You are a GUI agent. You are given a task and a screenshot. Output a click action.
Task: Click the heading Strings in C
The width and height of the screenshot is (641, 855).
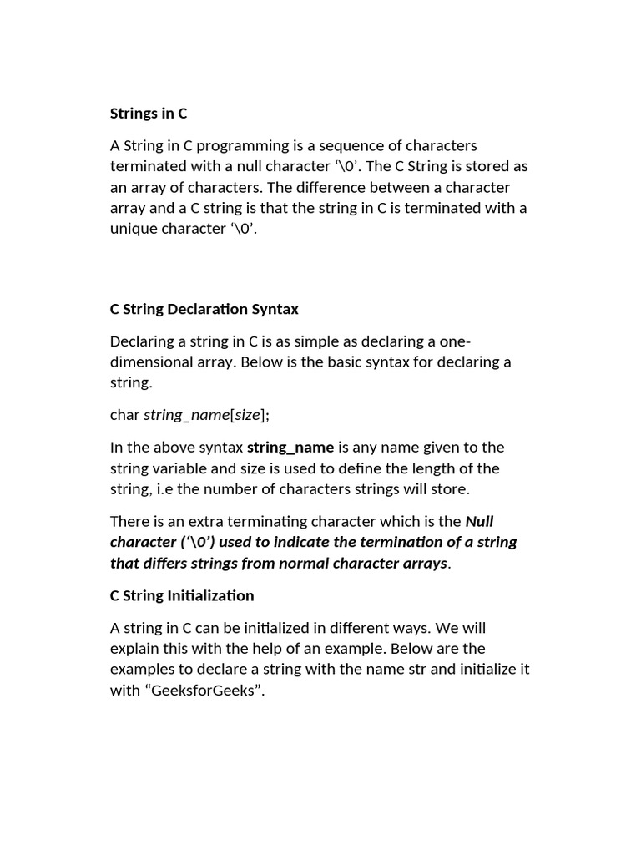(x=149, y=114)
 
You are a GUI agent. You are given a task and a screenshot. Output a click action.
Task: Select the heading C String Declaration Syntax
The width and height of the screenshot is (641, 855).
(x=204, y=309)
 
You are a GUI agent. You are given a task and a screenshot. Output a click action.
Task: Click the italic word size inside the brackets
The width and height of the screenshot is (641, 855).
(x=248, y=415)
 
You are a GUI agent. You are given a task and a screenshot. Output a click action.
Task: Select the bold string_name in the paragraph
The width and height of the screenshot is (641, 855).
(x=290, y=448)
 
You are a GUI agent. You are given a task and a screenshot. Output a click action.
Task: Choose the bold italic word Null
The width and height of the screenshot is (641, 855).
(x=479, y=522)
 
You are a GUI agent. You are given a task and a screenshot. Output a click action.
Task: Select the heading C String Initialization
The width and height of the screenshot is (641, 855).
(x=182, y=596)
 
